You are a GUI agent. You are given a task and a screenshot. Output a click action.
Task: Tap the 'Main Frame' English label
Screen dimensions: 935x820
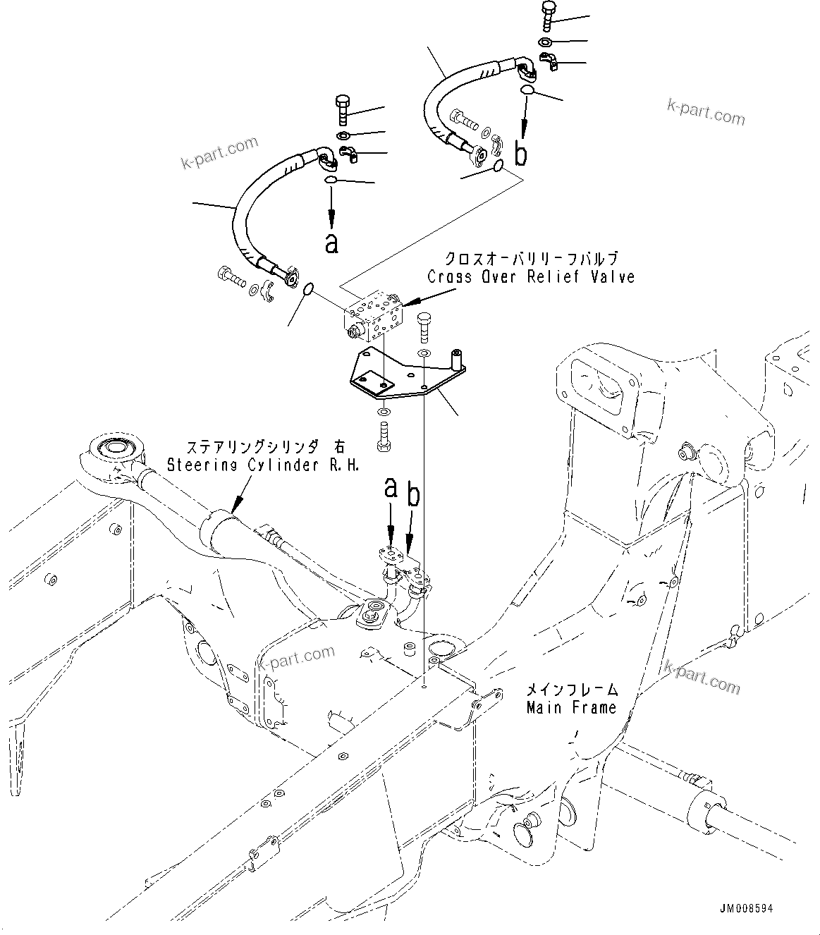tap(571, 707)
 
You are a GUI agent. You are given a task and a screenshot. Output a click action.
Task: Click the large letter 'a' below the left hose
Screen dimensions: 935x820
tap(331, 243)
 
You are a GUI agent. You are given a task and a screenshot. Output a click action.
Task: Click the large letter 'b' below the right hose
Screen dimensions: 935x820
tap(521, 153)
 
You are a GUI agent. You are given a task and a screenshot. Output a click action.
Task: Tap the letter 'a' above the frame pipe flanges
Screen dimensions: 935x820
tap(391, 487)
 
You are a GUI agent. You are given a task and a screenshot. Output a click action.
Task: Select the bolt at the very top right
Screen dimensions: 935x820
tap(549, 14)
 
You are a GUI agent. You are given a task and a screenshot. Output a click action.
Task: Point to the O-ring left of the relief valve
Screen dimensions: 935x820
tap(308, 289)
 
